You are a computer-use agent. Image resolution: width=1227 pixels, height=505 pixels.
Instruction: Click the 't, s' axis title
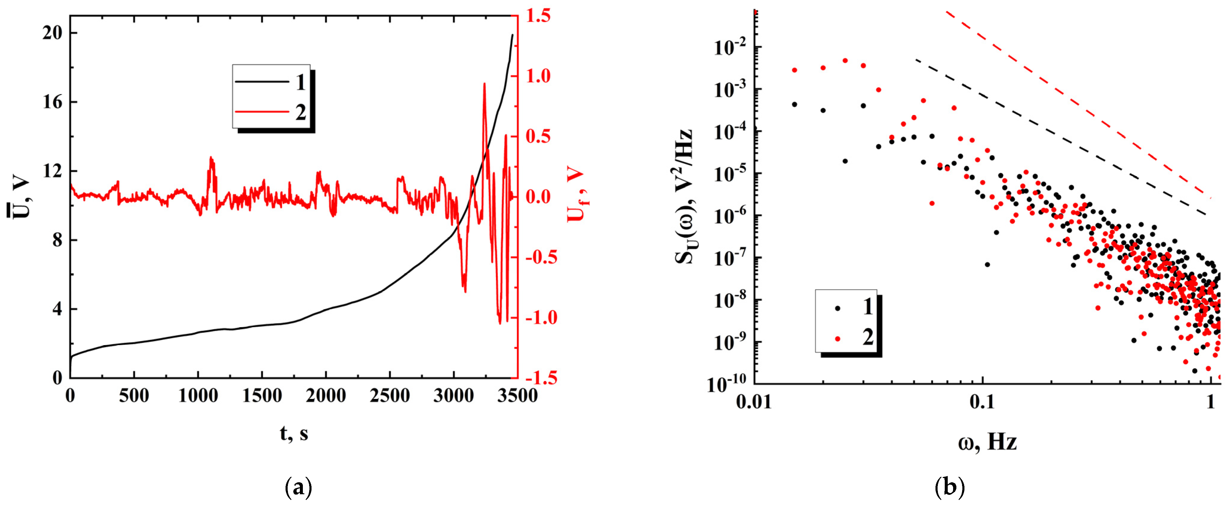(x=294, y=434)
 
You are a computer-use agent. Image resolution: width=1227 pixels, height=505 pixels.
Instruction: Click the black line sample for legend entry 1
(x=262, y=82)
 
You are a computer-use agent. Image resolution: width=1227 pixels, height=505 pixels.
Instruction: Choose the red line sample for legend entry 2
(x=262, y=112)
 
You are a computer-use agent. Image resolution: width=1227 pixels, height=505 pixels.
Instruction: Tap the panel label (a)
(x=298, y=488)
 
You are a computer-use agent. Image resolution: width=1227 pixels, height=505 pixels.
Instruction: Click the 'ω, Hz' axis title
(x=987, y=442)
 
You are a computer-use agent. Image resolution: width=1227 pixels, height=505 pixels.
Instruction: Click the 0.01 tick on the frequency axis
(x=754, y=402)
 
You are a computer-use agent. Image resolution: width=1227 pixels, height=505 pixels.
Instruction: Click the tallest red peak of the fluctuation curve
(x=484, y=84)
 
